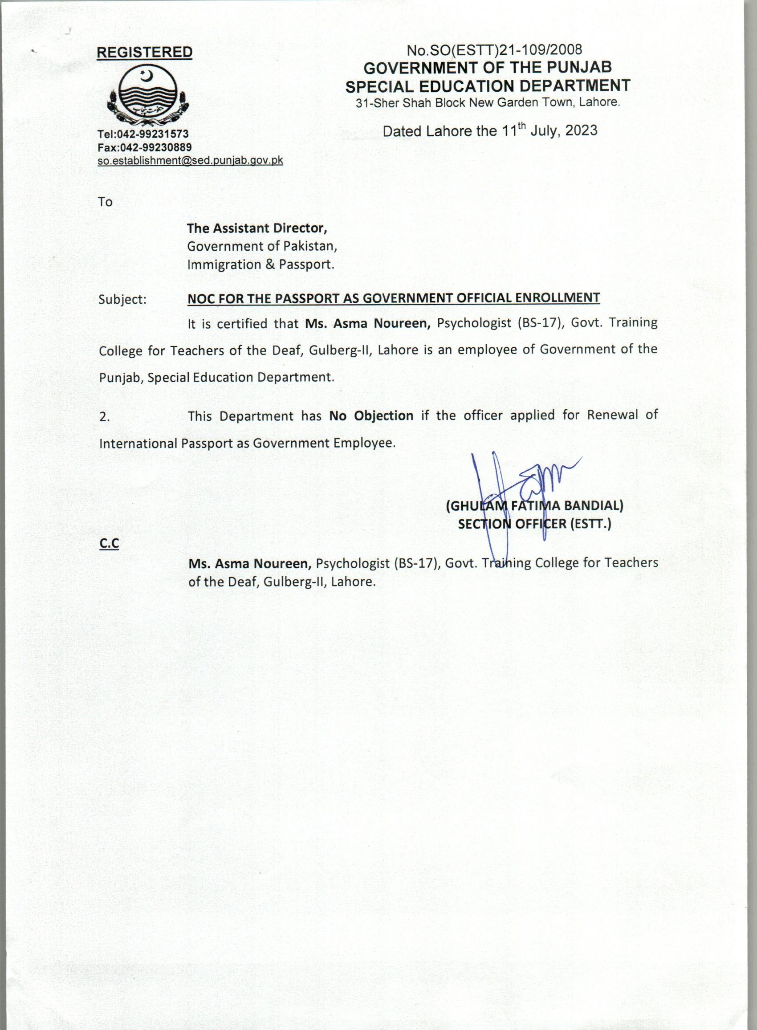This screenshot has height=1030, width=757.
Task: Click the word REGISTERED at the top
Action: (x=144, y=52)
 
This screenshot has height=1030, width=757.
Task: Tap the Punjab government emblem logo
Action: (x=145, y=95)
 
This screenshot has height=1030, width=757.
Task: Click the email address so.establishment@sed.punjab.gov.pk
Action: (x=190, y=160)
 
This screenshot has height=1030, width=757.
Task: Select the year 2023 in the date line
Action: (x=581, y=130)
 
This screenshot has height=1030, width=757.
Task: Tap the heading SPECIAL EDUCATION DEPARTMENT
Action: (x=488, y=85)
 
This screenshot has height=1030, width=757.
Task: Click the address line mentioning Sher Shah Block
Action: (x=488, y=102)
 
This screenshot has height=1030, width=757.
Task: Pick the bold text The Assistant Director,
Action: (x=256, y=228)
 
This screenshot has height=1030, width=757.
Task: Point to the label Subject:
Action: (x=122, y=300)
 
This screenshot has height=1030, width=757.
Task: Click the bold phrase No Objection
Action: (x=371, y=415)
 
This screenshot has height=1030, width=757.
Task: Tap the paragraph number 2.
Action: (x=105, y=417)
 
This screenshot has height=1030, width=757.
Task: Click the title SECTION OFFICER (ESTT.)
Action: (x=534, y=524)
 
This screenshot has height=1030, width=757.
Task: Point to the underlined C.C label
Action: (x=109, y=543)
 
